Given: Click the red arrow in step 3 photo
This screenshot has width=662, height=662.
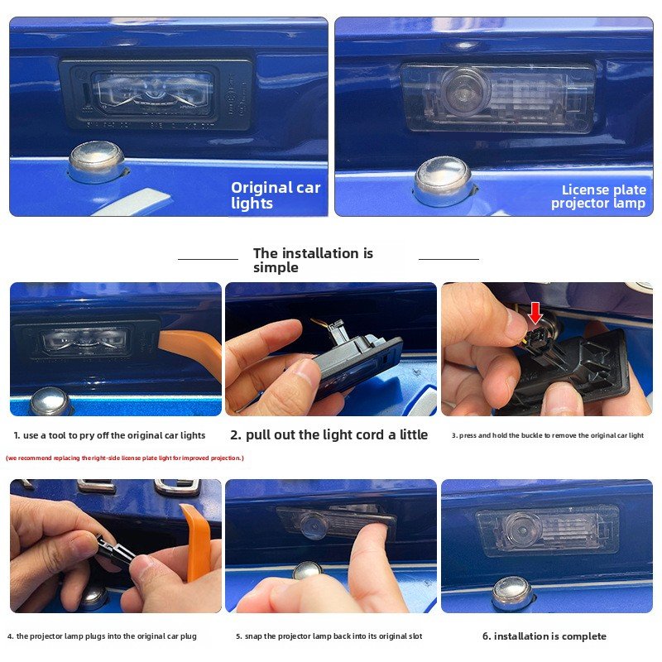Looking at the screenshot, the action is click(x=535, y=313).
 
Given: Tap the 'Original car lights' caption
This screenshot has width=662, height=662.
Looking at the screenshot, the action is click(x=276, y=195).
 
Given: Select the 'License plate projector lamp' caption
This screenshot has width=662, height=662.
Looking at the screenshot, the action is click(x=598, y=196).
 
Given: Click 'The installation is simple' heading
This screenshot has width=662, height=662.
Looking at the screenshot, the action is click(x=313, y=260).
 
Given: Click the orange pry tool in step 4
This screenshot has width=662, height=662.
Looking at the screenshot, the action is click(x=195, y=541).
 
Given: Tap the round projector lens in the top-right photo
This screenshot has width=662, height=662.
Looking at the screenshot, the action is click(x=464, y=90).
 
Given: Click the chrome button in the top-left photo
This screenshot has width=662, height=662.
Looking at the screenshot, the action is click(x=97, y=161).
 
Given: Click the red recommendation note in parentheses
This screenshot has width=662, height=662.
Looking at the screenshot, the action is click(x=125, y=458).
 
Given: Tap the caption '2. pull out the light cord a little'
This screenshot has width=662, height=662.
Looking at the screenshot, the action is click(x=329, y=435).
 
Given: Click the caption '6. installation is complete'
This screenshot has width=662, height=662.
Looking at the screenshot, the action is click(x=544, y=636).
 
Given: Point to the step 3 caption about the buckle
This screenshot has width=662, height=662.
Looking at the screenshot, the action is click(x=548, y=435).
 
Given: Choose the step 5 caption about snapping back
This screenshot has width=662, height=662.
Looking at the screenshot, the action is click(x=329, y=636).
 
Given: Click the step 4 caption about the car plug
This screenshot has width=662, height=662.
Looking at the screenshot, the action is click(x=102, y=636).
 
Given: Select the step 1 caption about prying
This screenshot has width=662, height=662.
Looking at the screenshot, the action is click(x=109, y=435).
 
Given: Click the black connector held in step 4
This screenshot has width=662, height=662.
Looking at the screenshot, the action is click(x=113, y=549).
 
